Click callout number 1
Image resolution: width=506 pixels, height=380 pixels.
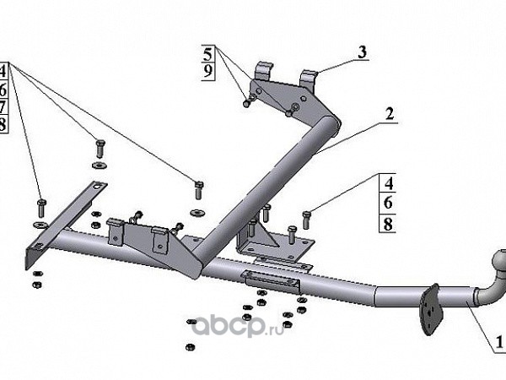(x=500, y=343)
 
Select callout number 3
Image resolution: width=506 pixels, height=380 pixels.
(x=361, y=52)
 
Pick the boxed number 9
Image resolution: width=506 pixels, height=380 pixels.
(x=208, y=71)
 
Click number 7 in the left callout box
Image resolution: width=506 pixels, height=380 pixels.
(x=3, y=107)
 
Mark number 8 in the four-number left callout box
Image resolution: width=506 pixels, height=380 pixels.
(x=3, y=125)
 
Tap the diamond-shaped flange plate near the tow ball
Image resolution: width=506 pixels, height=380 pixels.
(x=429, y=307)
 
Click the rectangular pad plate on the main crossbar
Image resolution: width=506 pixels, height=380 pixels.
(x=270, y=280)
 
